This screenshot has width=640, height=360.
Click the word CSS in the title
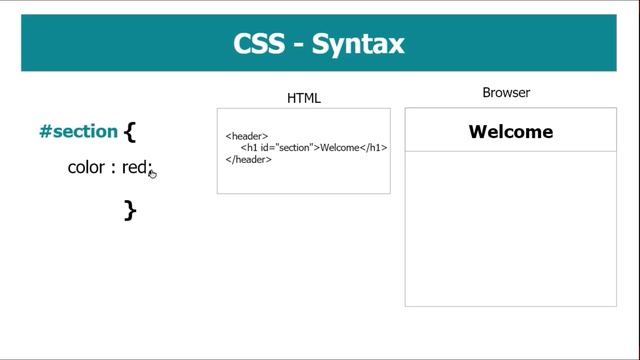(256, 45)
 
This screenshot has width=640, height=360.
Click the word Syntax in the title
(358, 45)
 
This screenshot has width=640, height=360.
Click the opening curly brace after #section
(130, 131)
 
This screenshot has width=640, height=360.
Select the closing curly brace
(130, 209)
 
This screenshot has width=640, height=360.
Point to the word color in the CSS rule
(86, 167)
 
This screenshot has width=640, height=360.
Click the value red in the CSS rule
(135, 167)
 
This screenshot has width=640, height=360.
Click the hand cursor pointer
(153, 174)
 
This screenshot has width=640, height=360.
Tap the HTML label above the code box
(304, 98)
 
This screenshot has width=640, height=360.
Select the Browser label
(506, 93)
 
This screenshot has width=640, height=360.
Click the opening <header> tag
(247, 136)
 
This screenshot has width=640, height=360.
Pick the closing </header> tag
(249, 159)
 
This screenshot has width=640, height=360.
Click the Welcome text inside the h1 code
(339, 148)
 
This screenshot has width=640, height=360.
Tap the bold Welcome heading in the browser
(510, 132)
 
